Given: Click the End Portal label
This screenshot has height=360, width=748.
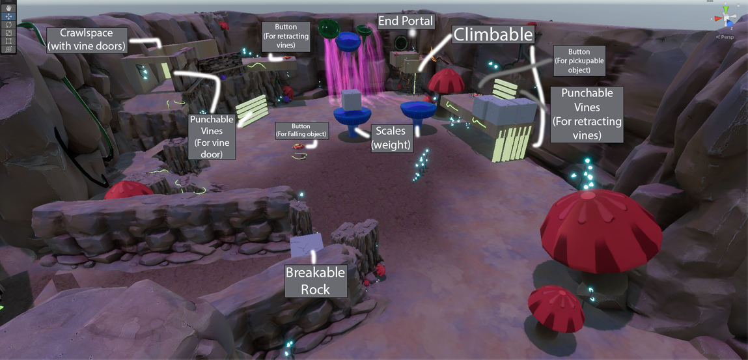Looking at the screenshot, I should tap(405, 21).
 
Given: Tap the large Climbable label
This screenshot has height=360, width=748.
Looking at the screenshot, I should tap(493, 35).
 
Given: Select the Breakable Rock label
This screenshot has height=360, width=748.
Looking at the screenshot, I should tap(316, 281).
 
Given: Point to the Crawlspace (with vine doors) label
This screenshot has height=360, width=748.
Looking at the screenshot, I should tap(87, 39).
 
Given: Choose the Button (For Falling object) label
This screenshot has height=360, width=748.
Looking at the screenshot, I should tap(301, 130).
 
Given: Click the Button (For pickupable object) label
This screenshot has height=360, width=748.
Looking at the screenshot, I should tap(579, 61).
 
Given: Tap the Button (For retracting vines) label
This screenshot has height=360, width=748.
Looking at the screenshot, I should tap(286, 36).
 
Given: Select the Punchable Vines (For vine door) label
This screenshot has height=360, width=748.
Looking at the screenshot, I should tap(212, 137).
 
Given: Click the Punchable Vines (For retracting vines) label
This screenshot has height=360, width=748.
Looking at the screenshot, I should tap(587, 115).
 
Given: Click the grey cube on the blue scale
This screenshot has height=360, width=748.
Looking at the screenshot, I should tap(352, 101).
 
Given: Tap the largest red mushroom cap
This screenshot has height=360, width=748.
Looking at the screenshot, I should tap(600, 228).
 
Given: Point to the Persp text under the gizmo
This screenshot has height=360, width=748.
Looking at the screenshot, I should tap(725, 37).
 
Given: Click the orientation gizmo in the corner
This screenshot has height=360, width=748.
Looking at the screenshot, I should tap(725, 17).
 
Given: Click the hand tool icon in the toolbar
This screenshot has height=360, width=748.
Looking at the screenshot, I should tap(8, 8).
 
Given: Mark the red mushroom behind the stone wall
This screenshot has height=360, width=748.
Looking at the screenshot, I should tap(128, 189).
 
